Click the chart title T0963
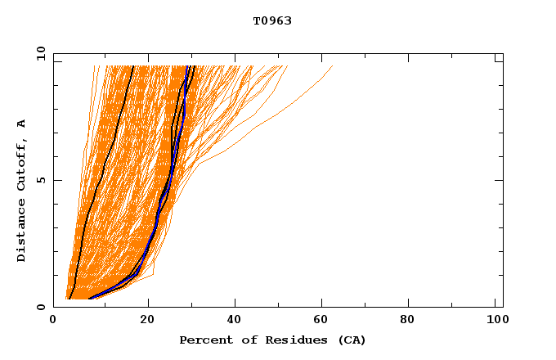coord(272,20)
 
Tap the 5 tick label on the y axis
coord(41,180)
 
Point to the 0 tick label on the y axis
coord(41,307)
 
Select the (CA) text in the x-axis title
coord(349,340)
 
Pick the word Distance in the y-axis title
coord(21,234)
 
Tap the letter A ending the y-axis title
coord(21,124)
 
